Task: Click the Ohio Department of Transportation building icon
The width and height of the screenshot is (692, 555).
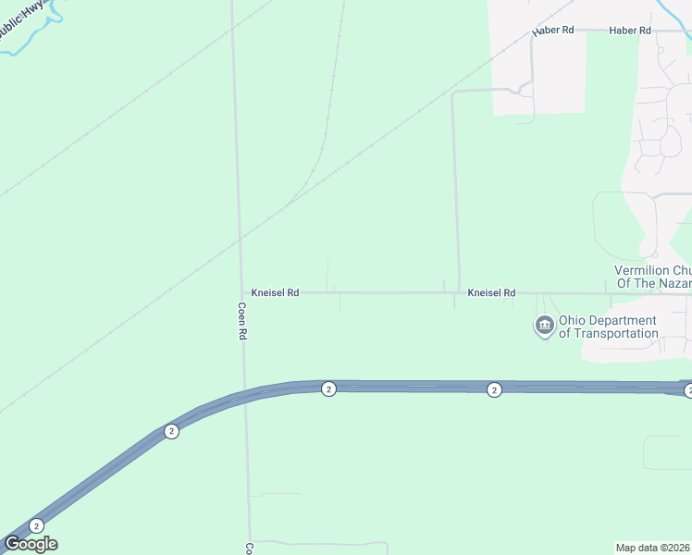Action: pyautogui.click(x=544, y=326)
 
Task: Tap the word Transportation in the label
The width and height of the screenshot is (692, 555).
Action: pyautogui.click(x=609, y=333)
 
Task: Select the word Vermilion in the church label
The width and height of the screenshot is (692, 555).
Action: pyautogui.click(x=639, y=270)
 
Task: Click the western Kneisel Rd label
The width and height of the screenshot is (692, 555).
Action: pyautogui.click(x=275, y=292)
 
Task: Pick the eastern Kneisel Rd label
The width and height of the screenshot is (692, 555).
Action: pyautogui.click(x=491, y=292)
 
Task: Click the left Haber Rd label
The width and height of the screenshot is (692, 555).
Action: pyautogui.click(x=553, y=31)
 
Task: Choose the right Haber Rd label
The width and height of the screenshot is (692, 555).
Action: pyautogui.click(x=630, y=31)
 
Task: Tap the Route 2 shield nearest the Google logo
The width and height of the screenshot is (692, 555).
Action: pyautogui.click(x=36, y=525)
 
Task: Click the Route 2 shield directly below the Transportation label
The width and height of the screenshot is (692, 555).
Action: pyautogui.click(x=494, y=389)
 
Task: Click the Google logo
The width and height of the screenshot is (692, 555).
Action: pyautogui.click(x=31, y=544)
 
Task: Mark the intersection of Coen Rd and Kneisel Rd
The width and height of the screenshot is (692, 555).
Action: pyautogui.click(x=241, y=292)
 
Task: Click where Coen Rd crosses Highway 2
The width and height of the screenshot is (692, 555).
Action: pyautogui.click(x=244, y=397)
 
